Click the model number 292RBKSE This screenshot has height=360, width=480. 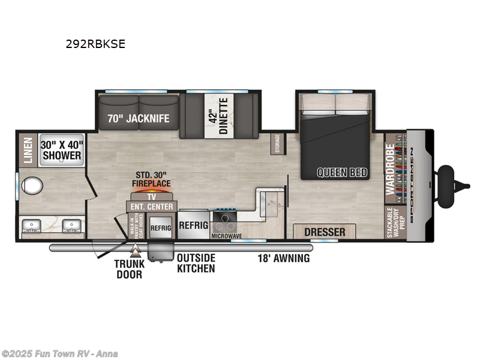(95, 44)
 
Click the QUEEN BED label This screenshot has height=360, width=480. (342, 173)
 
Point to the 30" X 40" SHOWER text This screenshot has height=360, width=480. (62, 150)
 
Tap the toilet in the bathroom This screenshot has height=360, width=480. (29, 184)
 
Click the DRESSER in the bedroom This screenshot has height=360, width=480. (324, 232)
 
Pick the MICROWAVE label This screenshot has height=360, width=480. (226, 236)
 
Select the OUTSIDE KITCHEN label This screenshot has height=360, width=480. (196, 263)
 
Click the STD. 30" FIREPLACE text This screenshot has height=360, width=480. (151, 179)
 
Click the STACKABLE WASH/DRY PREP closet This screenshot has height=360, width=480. (395, 222)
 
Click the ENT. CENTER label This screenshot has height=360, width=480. (151, 207)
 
